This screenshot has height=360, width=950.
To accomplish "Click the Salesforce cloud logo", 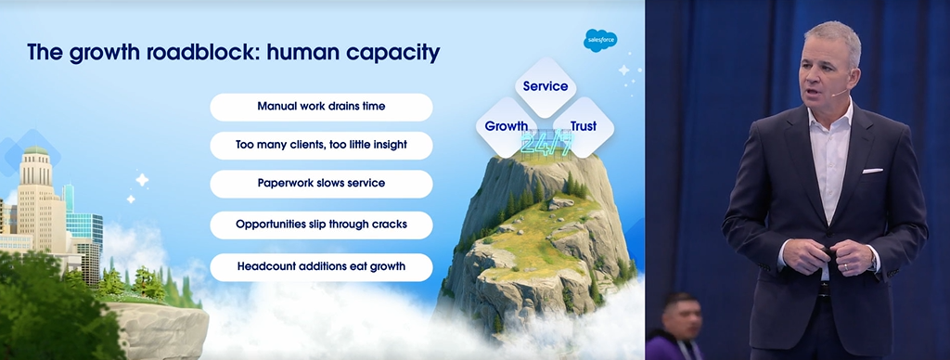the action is click(x=600, y=40).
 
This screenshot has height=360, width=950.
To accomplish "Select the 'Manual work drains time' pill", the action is click(x=321, y=107).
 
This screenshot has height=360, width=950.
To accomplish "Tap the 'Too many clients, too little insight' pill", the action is click(x=321, y=146).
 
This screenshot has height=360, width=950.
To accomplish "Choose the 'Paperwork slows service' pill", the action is click(x=321, y=184).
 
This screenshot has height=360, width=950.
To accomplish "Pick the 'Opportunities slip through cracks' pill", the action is click(x=321, y=225).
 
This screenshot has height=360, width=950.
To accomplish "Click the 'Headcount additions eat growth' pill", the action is click(x=321, y=266).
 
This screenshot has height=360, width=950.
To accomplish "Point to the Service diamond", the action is click(x=546, y=86).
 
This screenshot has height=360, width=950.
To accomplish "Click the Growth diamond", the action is click(x=506, y=127).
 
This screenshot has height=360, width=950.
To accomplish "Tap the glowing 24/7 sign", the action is click(x=547, y=144).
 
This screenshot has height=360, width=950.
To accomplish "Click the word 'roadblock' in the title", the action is click(x=201, y=53).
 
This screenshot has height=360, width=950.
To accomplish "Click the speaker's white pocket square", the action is click(x=873, y=171).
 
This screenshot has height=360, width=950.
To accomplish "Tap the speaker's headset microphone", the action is click(x=839, y=93).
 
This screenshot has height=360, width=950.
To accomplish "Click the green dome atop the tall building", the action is click(x=36, y=149).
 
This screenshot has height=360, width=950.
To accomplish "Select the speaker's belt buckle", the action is click(x=823, y=289).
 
